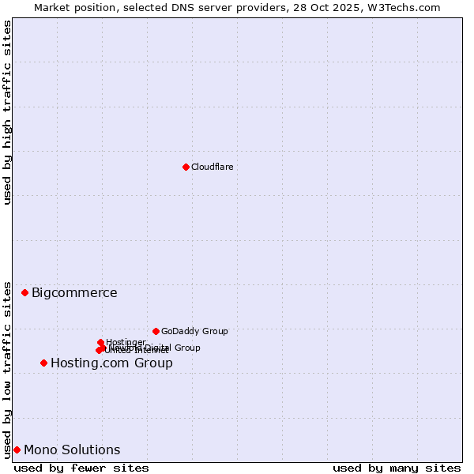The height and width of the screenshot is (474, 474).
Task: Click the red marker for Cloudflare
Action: coord(186,167)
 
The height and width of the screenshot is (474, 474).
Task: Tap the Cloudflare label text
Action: coord(213,167)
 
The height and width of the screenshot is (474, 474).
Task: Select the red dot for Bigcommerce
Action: coord(24,292)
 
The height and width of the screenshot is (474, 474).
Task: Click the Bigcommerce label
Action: coord(74,293)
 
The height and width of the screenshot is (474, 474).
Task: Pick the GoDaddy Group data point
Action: coord(156,331)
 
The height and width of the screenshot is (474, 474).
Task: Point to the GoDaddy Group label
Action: coord(194,331)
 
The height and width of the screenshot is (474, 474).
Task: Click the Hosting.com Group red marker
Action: coord(43,363)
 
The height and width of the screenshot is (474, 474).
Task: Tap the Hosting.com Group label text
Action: coord(111,363)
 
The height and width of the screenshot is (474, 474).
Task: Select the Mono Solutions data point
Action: coord(17,450)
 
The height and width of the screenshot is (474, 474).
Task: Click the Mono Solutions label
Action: coord(72,450)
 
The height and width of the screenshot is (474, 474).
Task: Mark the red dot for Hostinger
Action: coord(100,342)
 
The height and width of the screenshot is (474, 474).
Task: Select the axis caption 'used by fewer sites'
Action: coord(81,468)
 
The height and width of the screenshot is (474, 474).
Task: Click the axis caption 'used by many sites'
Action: coord(397,468)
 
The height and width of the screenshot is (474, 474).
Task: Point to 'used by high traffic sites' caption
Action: coord(7,112)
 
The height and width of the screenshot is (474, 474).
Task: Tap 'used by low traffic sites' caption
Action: coord(7,369)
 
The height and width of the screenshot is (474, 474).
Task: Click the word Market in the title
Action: coord(52,7)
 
